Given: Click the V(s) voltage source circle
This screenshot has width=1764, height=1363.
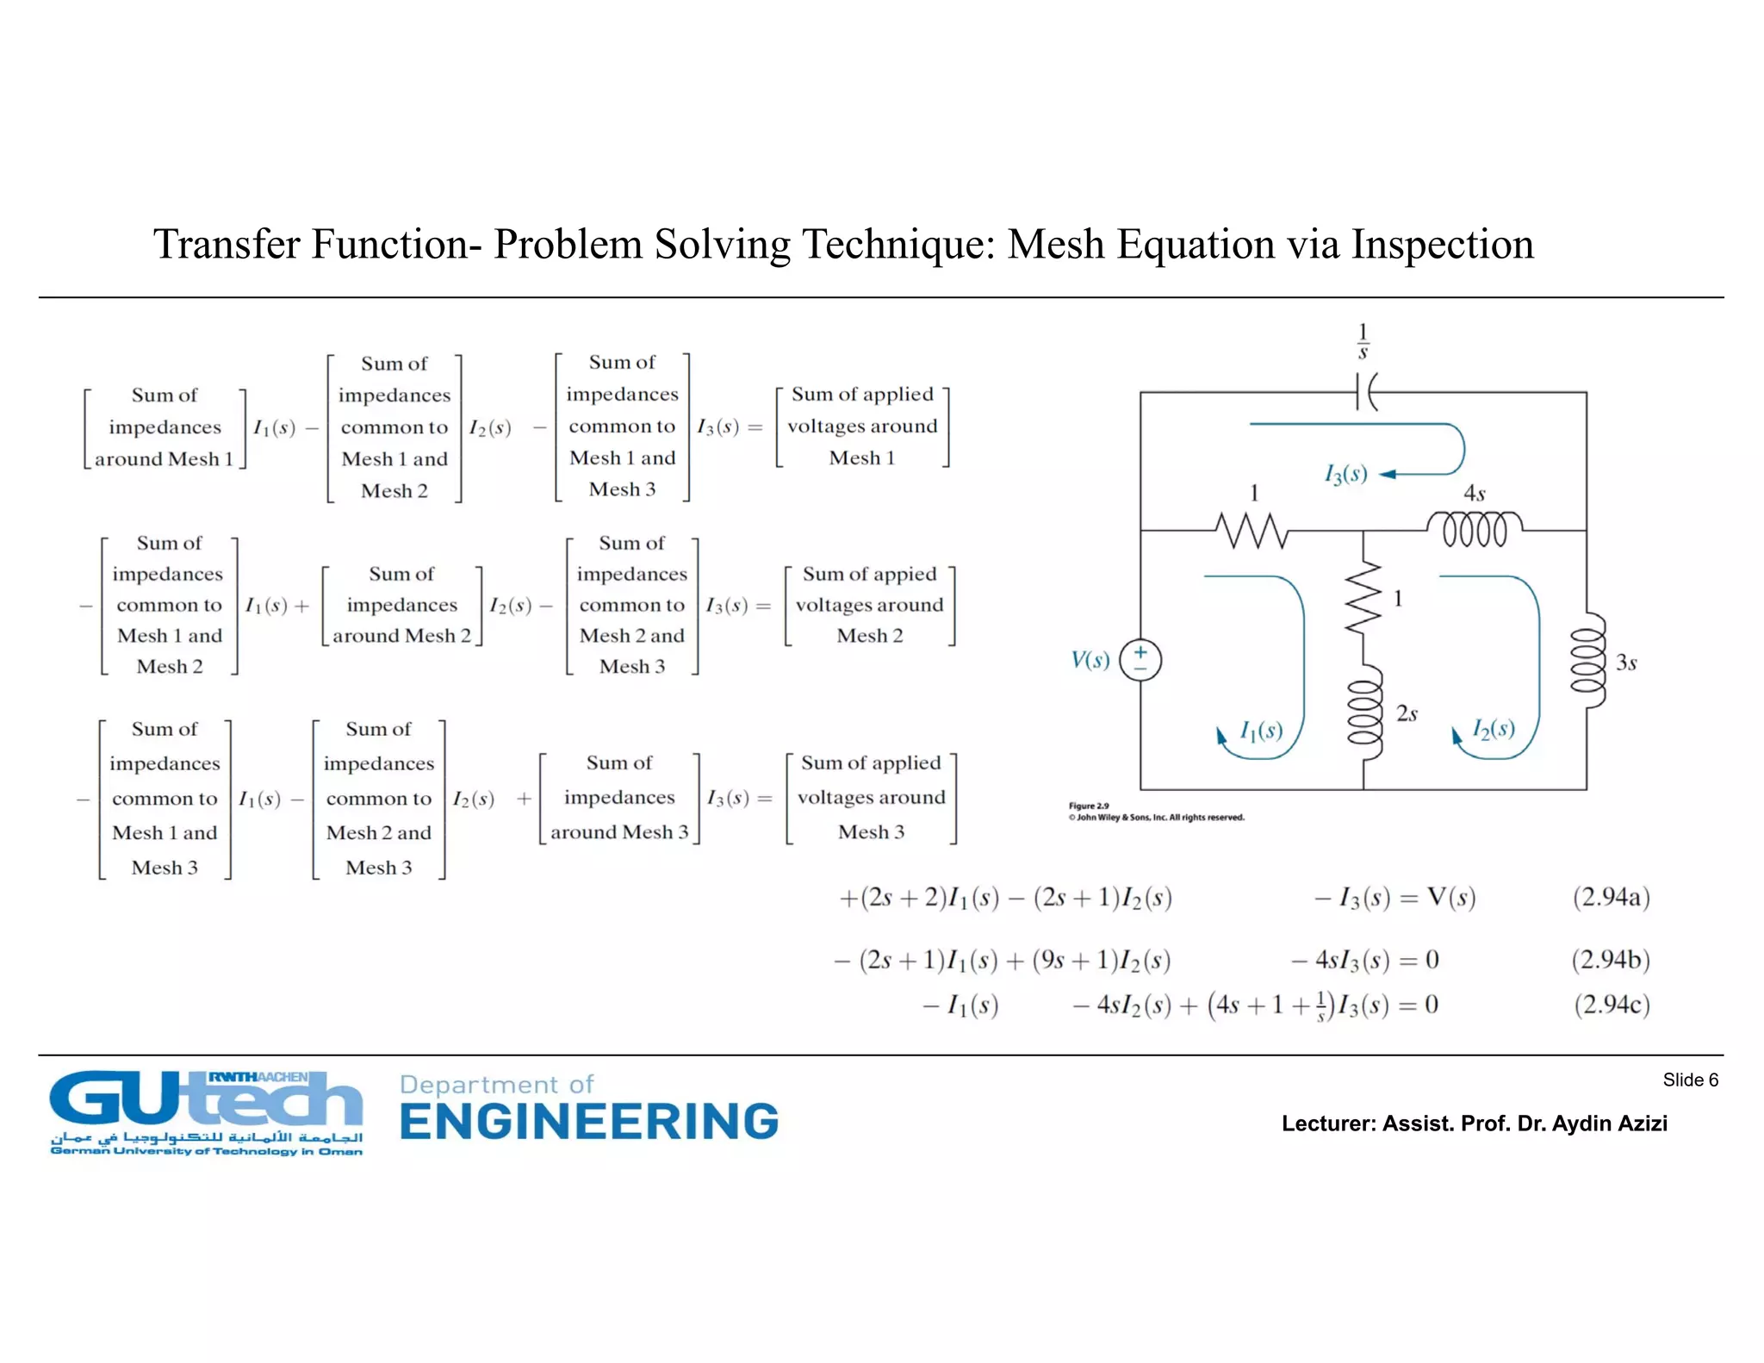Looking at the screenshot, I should (x=1140, y=661).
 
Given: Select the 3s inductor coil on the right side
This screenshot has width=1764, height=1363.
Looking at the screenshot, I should (x=1588, y=661).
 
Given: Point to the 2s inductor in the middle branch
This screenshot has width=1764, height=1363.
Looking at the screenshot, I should (x=1364, y=712).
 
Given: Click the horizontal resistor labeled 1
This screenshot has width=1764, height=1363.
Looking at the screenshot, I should (x=1253, y=530).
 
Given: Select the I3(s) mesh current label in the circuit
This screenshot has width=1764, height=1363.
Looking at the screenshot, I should (x=1345, y=474).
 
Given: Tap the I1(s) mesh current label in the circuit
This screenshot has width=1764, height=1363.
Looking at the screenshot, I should (x=1261, y=731).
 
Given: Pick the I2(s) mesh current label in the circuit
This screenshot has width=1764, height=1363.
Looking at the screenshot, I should (x=1493, y=729).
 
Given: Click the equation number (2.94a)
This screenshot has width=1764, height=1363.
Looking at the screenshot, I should (x=1611, y=897).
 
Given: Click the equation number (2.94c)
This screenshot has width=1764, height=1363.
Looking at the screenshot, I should (x=1612, y=1005).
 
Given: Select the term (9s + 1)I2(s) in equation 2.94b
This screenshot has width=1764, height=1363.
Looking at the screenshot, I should (x=1102, y=960).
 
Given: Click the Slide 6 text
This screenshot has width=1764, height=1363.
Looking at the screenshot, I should (x=1690, y=1080).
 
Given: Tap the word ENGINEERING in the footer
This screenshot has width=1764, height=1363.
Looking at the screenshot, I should (x=589, y=1122).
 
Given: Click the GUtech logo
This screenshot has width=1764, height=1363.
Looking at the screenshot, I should (x=206, y=1111).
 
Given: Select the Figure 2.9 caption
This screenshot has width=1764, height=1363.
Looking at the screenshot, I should (x=1089, y=806).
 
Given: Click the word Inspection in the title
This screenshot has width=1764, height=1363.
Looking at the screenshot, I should (x=1442, y=245).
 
